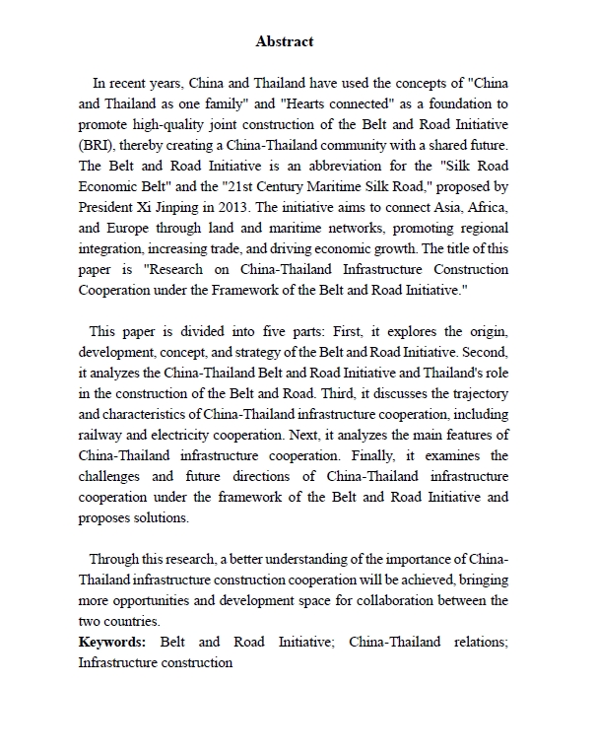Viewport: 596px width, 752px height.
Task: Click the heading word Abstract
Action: coord(285,41)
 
